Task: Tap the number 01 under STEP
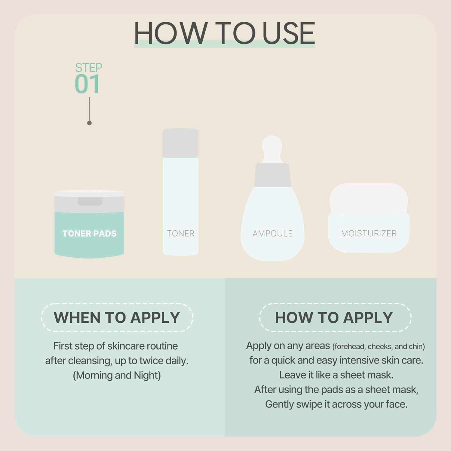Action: click(x=87, y=84)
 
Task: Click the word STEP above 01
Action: click(x=88, y=68)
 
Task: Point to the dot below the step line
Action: click(x=89, y=123)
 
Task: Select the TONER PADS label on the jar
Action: click(x=89, y=234)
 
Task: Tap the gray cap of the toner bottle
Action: click(x=180, y=143)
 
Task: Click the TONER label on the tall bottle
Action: click(x=180, y=234)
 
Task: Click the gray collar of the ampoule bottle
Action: click(x=272, y=175)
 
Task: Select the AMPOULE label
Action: click(x=272, y=234)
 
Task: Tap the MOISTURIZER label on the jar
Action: click(x=369, y=233)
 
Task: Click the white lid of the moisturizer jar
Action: click(x=369, y=197)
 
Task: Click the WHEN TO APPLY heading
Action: click(x=117, y=318)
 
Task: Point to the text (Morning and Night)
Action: click(x=117, y=375)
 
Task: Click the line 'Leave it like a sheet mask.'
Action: click(x=336, y=375)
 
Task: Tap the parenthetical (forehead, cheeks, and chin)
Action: click(x=378, y=347)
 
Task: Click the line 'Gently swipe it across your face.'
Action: click(x=336, y=404)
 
